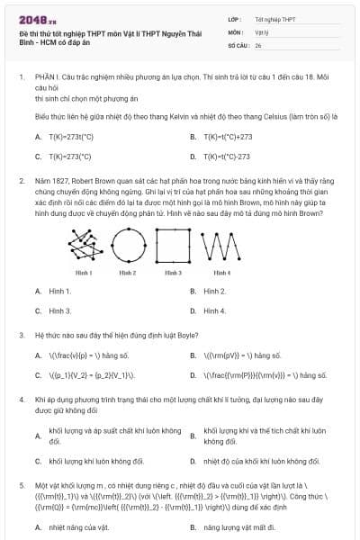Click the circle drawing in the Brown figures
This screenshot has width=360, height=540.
point(128,241)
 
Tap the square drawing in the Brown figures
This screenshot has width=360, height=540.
point(171,240)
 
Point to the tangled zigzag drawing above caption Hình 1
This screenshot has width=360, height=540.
point(85,241)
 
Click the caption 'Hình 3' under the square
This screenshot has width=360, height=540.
point(171,271)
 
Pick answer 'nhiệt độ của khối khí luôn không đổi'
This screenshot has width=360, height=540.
point(261,461)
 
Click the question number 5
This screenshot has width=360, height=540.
point(22,484)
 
